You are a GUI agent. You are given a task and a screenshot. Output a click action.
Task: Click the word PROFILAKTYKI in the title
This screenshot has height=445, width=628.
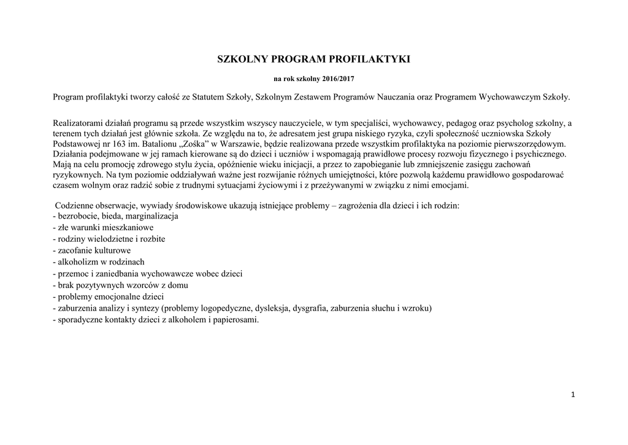click(372, 60)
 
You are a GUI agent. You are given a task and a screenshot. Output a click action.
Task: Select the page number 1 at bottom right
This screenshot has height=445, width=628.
click(572, 395)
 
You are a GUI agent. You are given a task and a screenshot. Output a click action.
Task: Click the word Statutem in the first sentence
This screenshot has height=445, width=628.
click(209, 97)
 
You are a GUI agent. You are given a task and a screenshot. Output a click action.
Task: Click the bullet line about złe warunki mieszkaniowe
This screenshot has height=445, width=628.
click(104, 228)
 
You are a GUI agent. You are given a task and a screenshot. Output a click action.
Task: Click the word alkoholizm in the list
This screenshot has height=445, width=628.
click(77, 262)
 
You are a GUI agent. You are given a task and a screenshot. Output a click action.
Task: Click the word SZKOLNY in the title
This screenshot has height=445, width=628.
click(242, 60)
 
